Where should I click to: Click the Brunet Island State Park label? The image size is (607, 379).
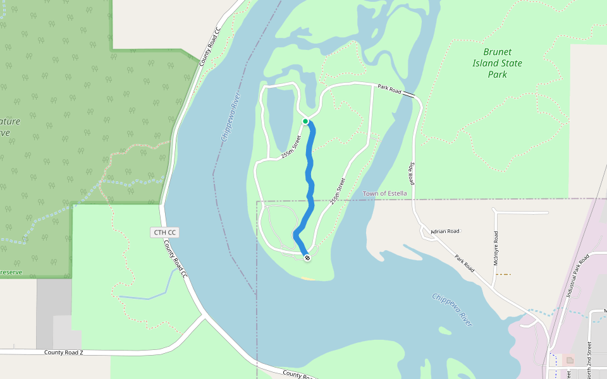497,63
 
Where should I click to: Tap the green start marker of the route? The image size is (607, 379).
305,121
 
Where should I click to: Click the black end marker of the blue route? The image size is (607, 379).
307,258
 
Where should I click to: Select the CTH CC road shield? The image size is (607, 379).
165,232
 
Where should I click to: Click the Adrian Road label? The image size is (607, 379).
445,231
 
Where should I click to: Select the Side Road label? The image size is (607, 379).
411,172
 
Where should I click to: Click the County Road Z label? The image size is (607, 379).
64,352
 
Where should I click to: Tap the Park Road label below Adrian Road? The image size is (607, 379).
464,263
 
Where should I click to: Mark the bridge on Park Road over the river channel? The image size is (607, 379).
410,95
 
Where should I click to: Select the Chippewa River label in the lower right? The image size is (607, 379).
452,309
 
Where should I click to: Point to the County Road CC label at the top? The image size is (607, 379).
210,47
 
